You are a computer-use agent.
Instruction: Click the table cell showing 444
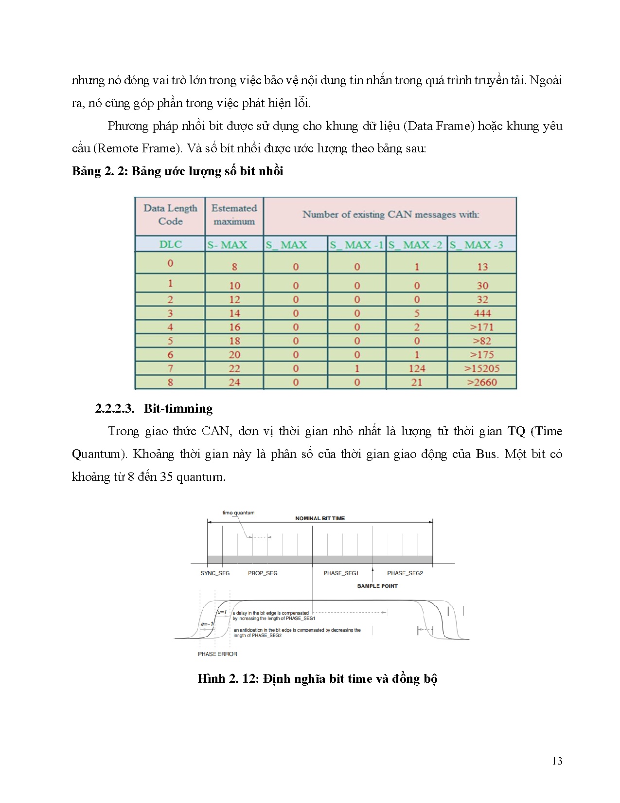pos(482,313)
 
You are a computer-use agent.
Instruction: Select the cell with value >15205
pos(482,368)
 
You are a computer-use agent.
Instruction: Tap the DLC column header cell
pos(170,244)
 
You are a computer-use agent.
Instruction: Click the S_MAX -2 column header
pos(416,245)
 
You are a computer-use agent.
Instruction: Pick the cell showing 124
pos(417,368)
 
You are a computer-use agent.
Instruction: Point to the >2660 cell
pos(482,382)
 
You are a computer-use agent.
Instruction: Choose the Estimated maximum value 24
pos(234,382)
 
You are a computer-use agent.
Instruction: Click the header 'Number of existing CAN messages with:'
pos(390,214)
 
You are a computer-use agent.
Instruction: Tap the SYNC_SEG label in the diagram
pos(215,573)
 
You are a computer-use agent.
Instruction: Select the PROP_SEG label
pos(263,573)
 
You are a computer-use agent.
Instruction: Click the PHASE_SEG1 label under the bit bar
pos(341,573)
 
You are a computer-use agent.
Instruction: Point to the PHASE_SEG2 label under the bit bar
pos(405,573)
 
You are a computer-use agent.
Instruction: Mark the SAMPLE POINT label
pos(377,586)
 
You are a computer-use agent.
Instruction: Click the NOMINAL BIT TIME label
pos(320,518)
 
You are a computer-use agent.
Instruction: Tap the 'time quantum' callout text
pos(238,512)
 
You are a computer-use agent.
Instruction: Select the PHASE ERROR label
pos(217,654)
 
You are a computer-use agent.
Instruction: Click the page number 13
pos(557,761)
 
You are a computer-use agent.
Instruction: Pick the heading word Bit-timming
pos(178,408)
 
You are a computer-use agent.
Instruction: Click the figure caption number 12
pos(250,679)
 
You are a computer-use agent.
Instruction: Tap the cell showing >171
pos(482,327)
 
